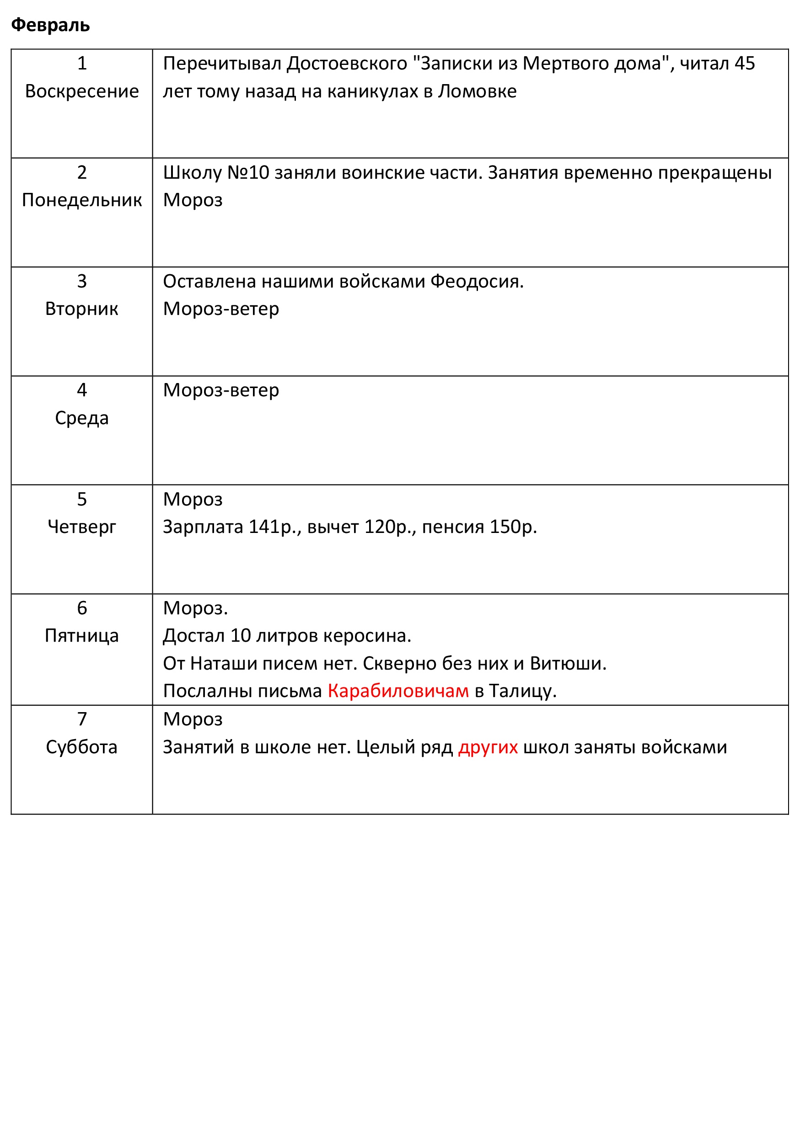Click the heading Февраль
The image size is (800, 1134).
(x=50, y=25)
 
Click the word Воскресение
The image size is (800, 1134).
(x=82, y=91)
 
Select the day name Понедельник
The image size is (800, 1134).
(x=82, y=200)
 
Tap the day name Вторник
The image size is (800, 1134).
(x=82, y=309)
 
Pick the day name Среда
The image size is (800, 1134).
(x=82, y=418)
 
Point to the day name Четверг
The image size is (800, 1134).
(x=82, y=527)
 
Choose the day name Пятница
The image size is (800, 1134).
(x=82, y=636)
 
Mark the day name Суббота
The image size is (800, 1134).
(x=82, y=747)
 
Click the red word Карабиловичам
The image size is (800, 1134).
(x=398, y=691)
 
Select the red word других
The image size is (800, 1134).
(x=488, y=747)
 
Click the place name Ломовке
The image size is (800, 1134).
(x=478, y=91)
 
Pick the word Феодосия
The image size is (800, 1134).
(x=476, y=282)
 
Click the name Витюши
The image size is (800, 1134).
(x=568, y=663)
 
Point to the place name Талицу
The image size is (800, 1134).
(x=523, y=691)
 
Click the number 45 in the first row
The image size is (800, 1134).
(x=745, y=64)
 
